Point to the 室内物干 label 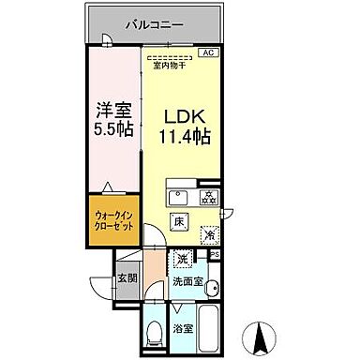coord(172,64)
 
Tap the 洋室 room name coord(112,109)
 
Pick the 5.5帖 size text coord(112,127)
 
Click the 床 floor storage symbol coord(178,221)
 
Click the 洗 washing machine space coord(184,258)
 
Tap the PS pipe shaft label coord(214,253)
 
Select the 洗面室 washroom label coord(188,280)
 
